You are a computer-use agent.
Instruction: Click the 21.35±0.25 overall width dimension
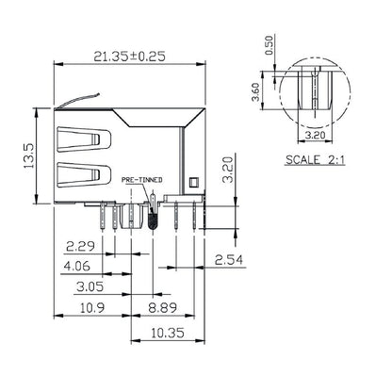click(129, 56)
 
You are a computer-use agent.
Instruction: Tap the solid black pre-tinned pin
click(151, 218)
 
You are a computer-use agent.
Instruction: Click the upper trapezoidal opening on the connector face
click(83, 141)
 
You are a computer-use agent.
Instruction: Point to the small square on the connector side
click(193, 181)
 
